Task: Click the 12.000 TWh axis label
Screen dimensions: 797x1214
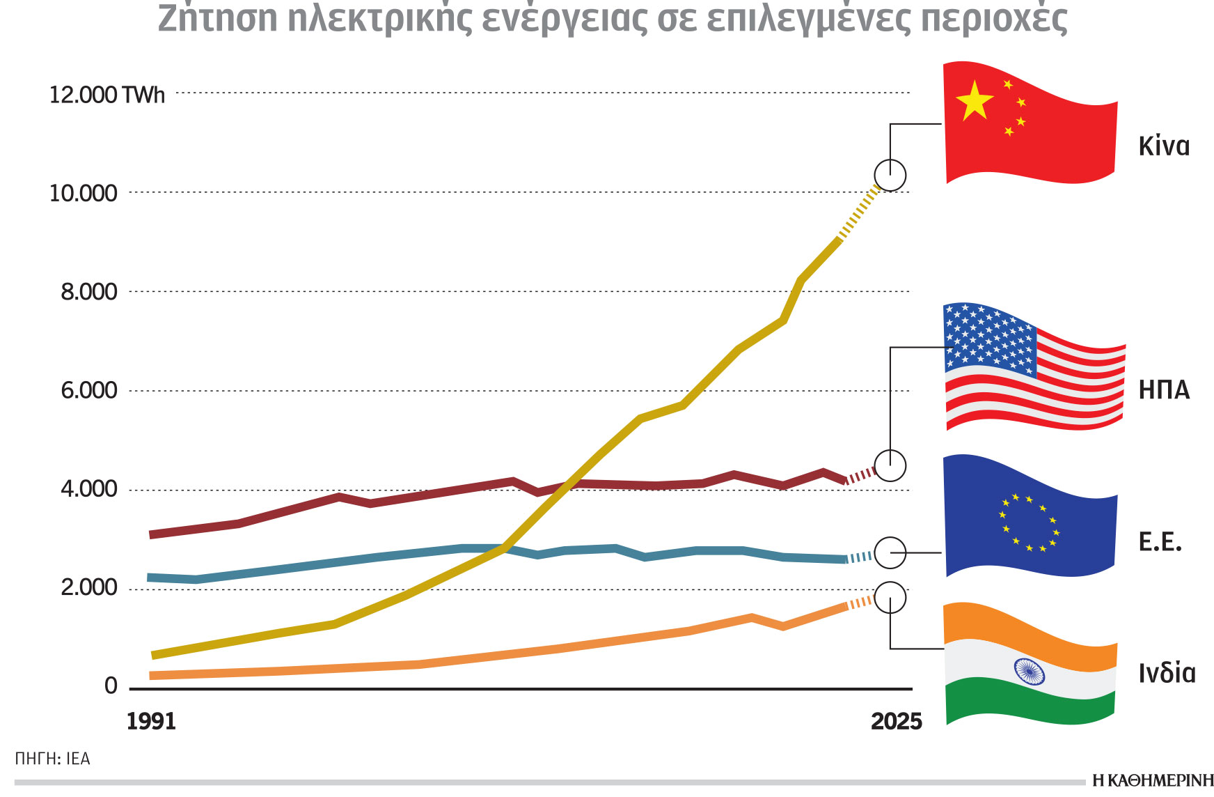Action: (107, 95)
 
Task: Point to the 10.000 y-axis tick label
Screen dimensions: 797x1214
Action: (83, 193)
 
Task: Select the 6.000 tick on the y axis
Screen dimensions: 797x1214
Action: (89, 390)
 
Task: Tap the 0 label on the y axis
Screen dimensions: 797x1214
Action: (111, 686)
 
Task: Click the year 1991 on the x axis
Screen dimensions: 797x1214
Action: (151, 721)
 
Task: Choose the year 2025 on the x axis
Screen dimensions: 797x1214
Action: (896, 721)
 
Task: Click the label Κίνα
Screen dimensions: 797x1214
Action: (1163, 146)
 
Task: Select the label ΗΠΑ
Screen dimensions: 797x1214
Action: (1163, 389)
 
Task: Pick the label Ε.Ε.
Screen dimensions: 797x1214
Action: (1160, 542)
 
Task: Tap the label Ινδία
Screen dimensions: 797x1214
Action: (1167, 673)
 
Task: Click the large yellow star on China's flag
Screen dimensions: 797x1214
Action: (974, 101)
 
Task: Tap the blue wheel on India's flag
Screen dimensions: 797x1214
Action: (1029, 672)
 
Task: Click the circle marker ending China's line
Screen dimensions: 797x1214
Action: (890, 175)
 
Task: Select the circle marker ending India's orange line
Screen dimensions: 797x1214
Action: (890, 598)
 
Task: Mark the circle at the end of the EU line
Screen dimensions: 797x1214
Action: (890, 553)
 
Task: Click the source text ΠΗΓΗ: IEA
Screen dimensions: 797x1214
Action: (53, 759)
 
